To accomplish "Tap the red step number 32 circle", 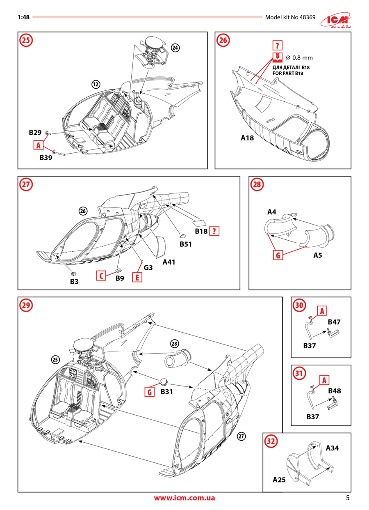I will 270,441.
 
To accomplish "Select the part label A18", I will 247,138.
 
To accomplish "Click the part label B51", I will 186,244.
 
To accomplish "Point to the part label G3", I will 148,267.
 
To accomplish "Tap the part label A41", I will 170,262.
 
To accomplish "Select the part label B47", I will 335,322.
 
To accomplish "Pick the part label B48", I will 335,391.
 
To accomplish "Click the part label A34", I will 333,448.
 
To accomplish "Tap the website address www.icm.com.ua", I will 184,498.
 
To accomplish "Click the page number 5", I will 348,498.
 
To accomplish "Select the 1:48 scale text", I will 24,18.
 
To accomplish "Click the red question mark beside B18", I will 214,231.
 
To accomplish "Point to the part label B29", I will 35,133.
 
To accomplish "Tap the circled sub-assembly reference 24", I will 175,48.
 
